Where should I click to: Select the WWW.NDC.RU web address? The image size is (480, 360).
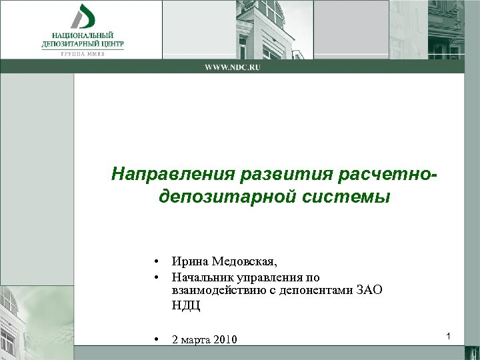coord(232,67)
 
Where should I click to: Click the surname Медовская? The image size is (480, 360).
coord(247,261)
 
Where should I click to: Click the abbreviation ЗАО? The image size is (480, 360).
coord(370,291)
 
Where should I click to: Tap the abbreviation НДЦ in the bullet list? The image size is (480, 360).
coord(185,306)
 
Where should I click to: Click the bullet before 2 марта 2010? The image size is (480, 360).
coord(154,339)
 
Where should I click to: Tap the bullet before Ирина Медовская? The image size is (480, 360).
coord(154,261)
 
